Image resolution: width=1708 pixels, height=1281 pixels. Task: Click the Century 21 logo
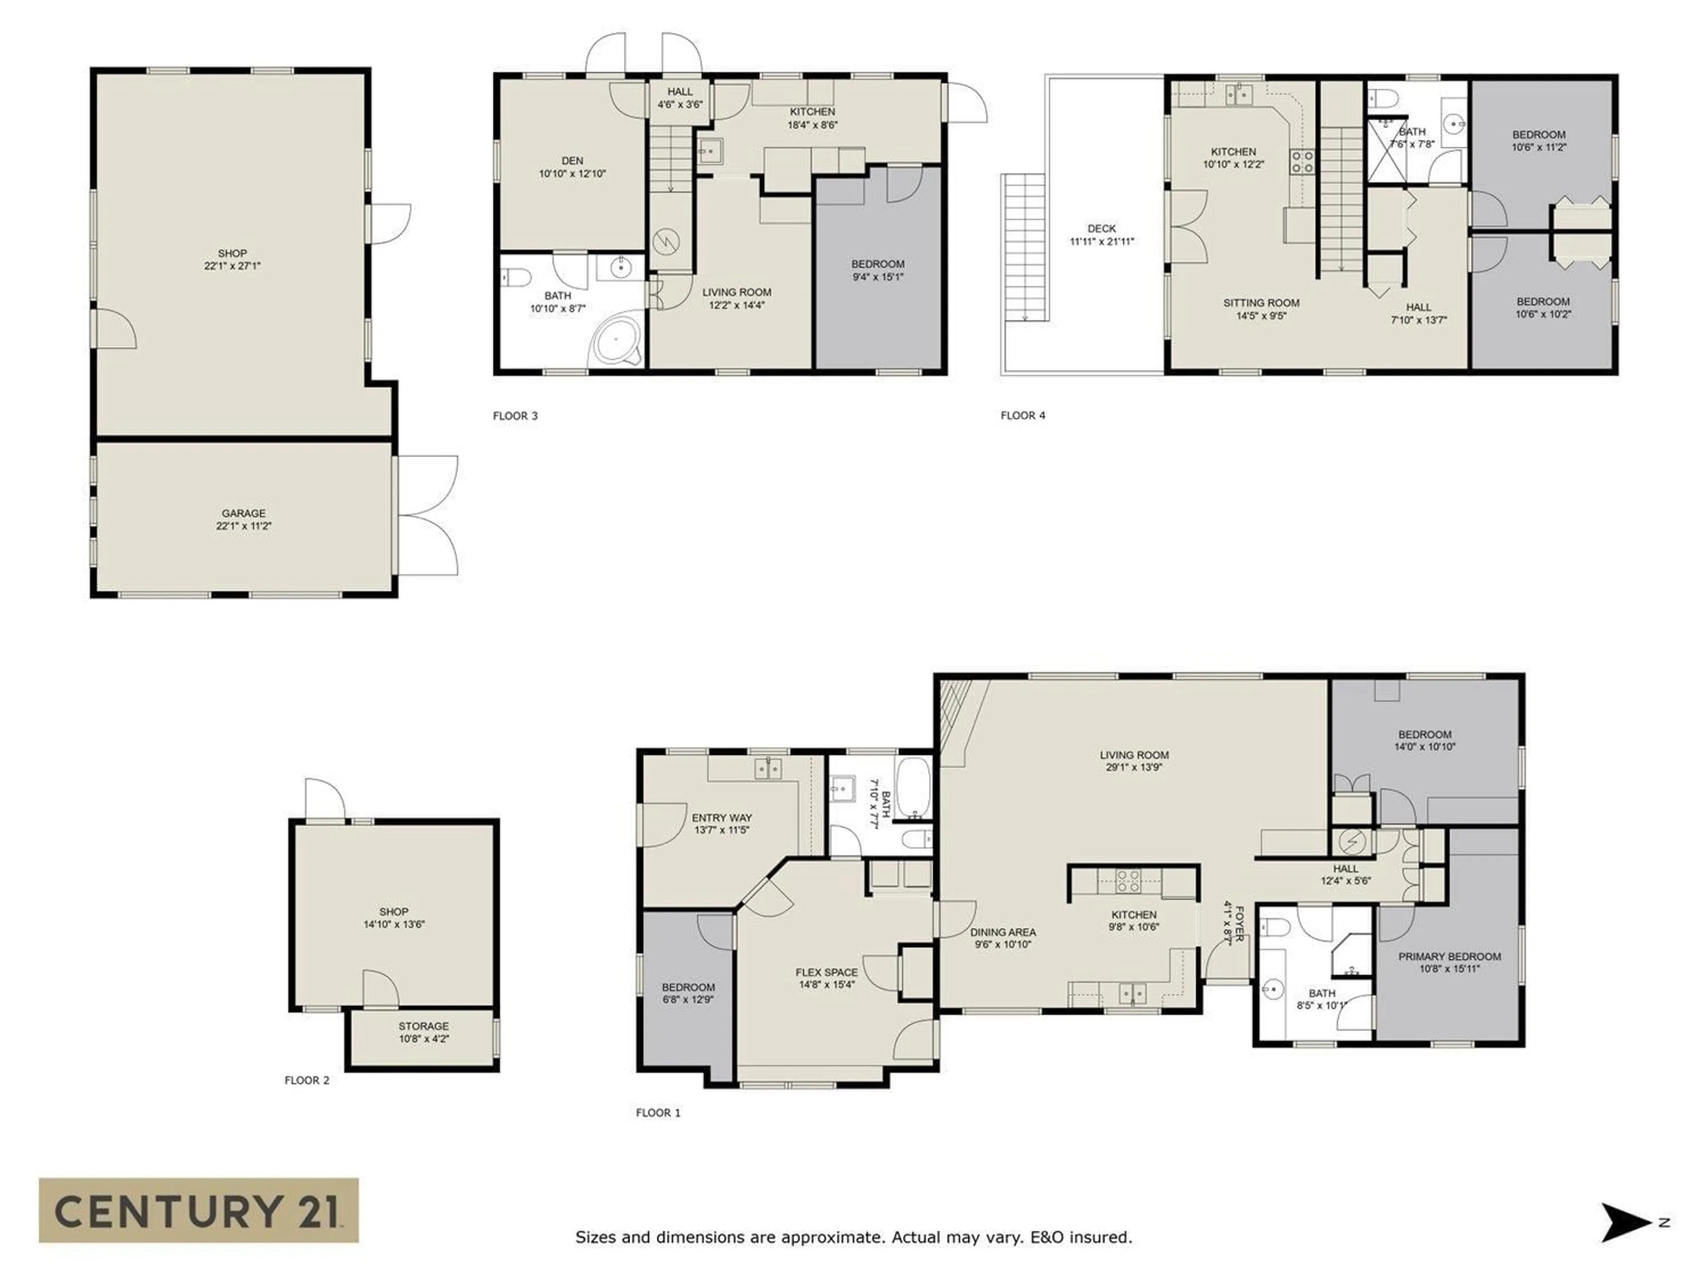pyautogui.click(x=198, y=1210)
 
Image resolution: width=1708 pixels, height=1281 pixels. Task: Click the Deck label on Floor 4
pyautogui.click(x=1101, y=229)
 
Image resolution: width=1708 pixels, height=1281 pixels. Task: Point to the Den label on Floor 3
pyautogui.click(x=572, y=161)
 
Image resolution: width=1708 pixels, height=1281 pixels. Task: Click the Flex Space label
pyautogui.click(x=826, y=972)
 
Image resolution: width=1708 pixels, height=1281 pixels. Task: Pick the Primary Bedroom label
pyautogui.click(x=1449, y=956)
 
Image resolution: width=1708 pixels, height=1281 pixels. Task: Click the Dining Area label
pyautogui.click(x=1003, y=932)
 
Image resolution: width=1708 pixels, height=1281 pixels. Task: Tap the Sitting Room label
pyautogui.click(x=1261, y=303)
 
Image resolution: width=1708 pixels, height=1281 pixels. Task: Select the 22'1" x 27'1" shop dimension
pyautogui.click(x=233, y=266)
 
